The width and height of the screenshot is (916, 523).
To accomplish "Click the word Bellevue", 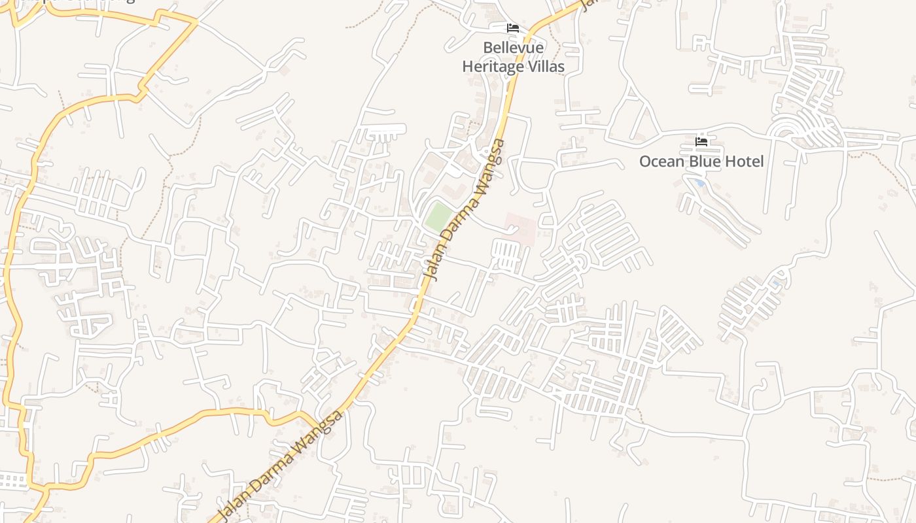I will point(513,48).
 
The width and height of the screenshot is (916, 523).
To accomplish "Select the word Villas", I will point(548,66).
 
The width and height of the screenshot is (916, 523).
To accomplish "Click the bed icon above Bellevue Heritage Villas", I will point(513,28).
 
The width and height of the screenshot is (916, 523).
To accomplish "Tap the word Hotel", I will point(744,161).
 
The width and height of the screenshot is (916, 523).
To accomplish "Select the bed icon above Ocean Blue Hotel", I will point(701,142).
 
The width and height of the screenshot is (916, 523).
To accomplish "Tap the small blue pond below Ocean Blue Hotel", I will point(700,183).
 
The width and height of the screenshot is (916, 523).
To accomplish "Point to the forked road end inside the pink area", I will point(512,229).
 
